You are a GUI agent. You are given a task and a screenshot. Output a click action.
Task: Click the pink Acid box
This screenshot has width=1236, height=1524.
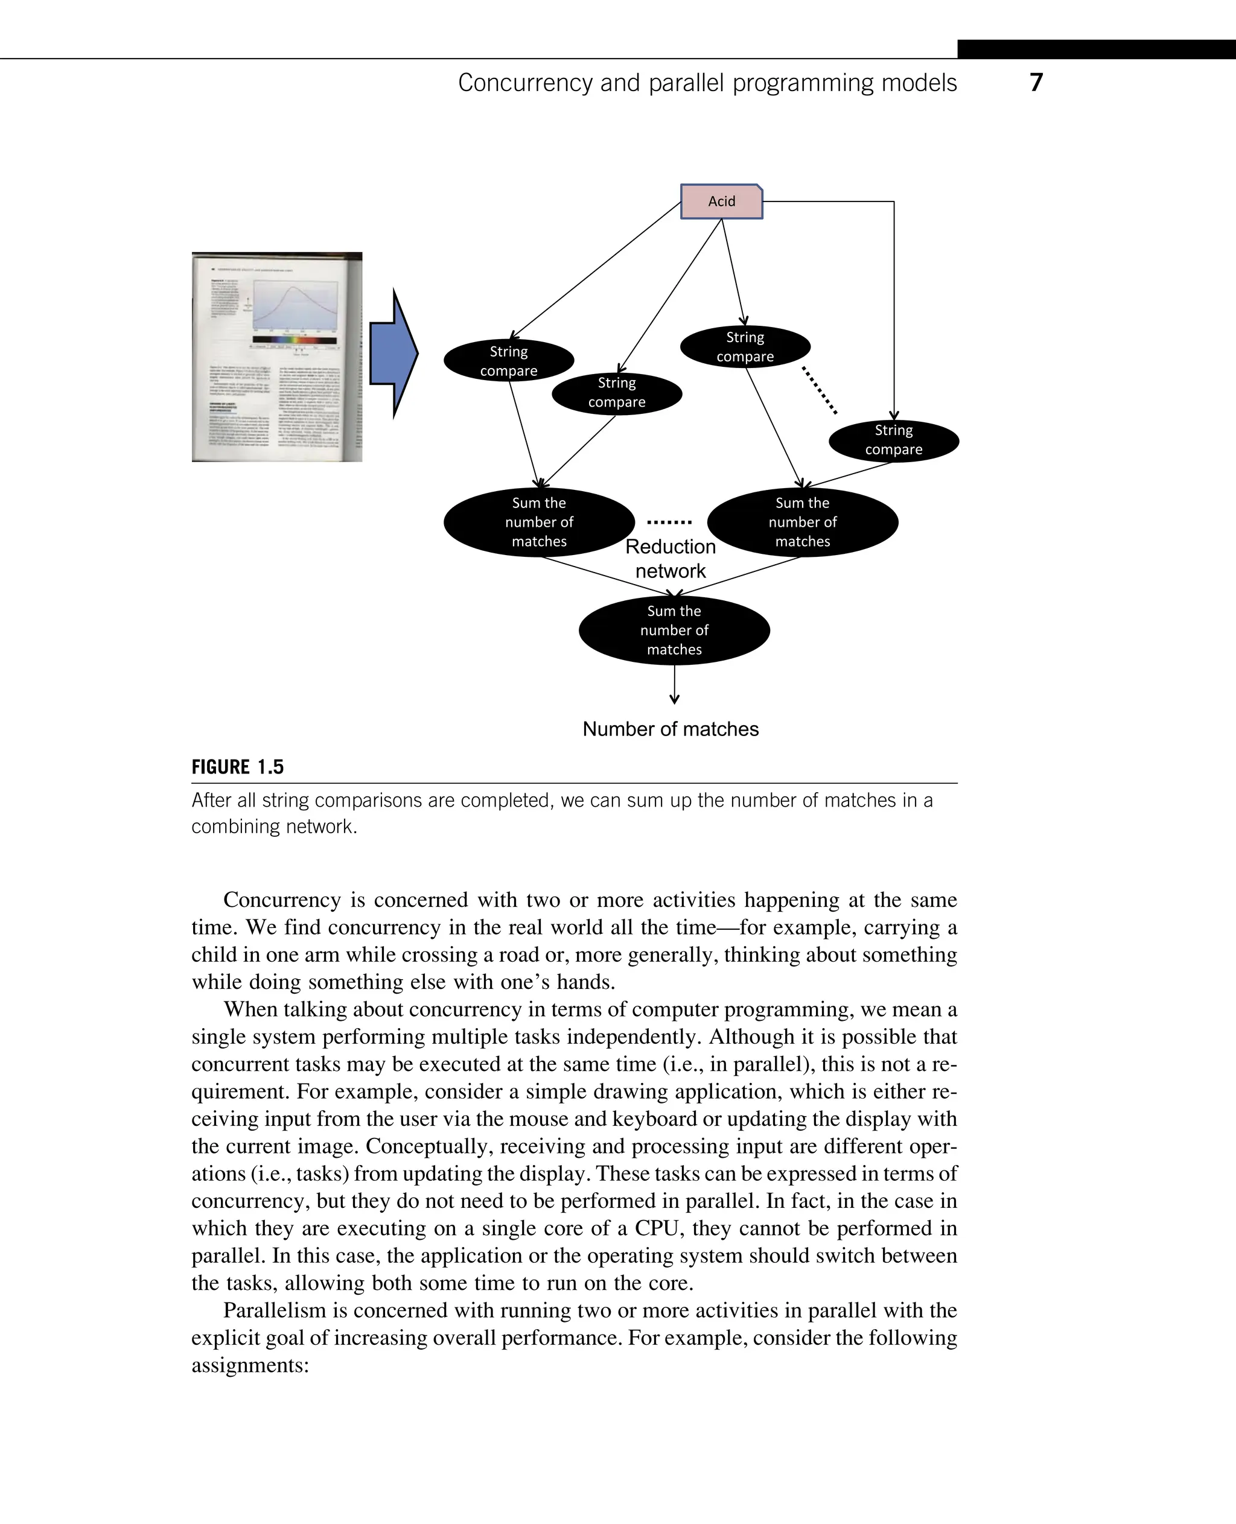721,202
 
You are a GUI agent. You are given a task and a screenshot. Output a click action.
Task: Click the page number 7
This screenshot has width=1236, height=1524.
1036,83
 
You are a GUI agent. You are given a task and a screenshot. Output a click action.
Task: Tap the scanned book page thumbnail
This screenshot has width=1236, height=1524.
277,357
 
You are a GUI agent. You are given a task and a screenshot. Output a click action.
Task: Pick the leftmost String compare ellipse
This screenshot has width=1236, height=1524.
508,361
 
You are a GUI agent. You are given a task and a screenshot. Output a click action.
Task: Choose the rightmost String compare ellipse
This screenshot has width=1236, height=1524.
894,440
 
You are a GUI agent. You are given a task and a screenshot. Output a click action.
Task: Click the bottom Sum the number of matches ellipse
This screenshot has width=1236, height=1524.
674,630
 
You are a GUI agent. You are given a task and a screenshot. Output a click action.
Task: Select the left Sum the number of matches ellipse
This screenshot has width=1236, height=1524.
539,522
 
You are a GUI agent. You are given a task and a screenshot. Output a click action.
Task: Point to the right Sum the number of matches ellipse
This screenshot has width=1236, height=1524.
803,522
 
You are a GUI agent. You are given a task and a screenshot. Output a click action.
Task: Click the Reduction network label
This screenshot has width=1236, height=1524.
671,559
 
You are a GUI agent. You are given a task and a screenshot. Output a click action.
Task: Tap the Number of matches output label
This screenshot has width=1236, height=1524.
671,729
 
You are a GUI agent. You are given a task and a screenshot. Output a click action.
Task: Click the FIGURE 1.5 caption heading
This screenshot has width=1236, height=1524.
238,767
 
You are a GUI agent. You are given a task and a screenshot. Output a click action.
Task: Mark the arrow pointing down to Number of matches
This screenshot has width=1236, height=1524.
674,685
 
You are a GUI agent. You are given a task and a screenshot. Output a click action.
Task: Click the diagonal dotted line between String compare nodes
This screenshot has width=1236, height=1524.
820,390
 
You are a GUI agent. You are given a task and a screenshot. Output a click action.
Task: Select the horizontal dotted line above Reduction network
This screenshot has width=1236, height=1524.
669,522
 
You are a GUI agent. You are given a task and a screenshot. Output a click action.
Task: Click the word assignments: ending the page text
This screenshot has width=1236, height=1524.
250,1365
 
